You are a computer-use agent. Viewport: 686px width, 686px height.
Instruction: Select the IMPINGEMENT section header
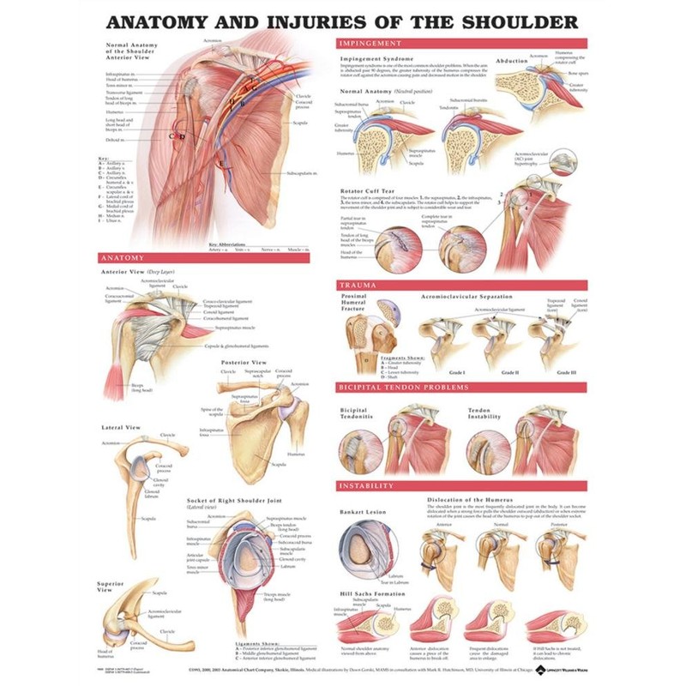pos(370,43)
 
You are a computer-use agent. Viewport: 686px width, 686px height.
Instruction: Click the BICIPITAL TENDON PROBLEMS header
pos(402,388)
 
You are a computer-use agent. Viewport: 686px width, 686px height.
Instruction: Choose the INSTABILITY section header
pos(366,485)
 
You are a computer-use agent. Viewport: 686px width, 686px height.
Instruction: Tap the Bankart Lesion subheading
pos(364,512)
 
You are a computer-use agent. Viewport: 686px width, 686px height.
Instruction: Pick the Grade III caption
pos(566,373)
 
